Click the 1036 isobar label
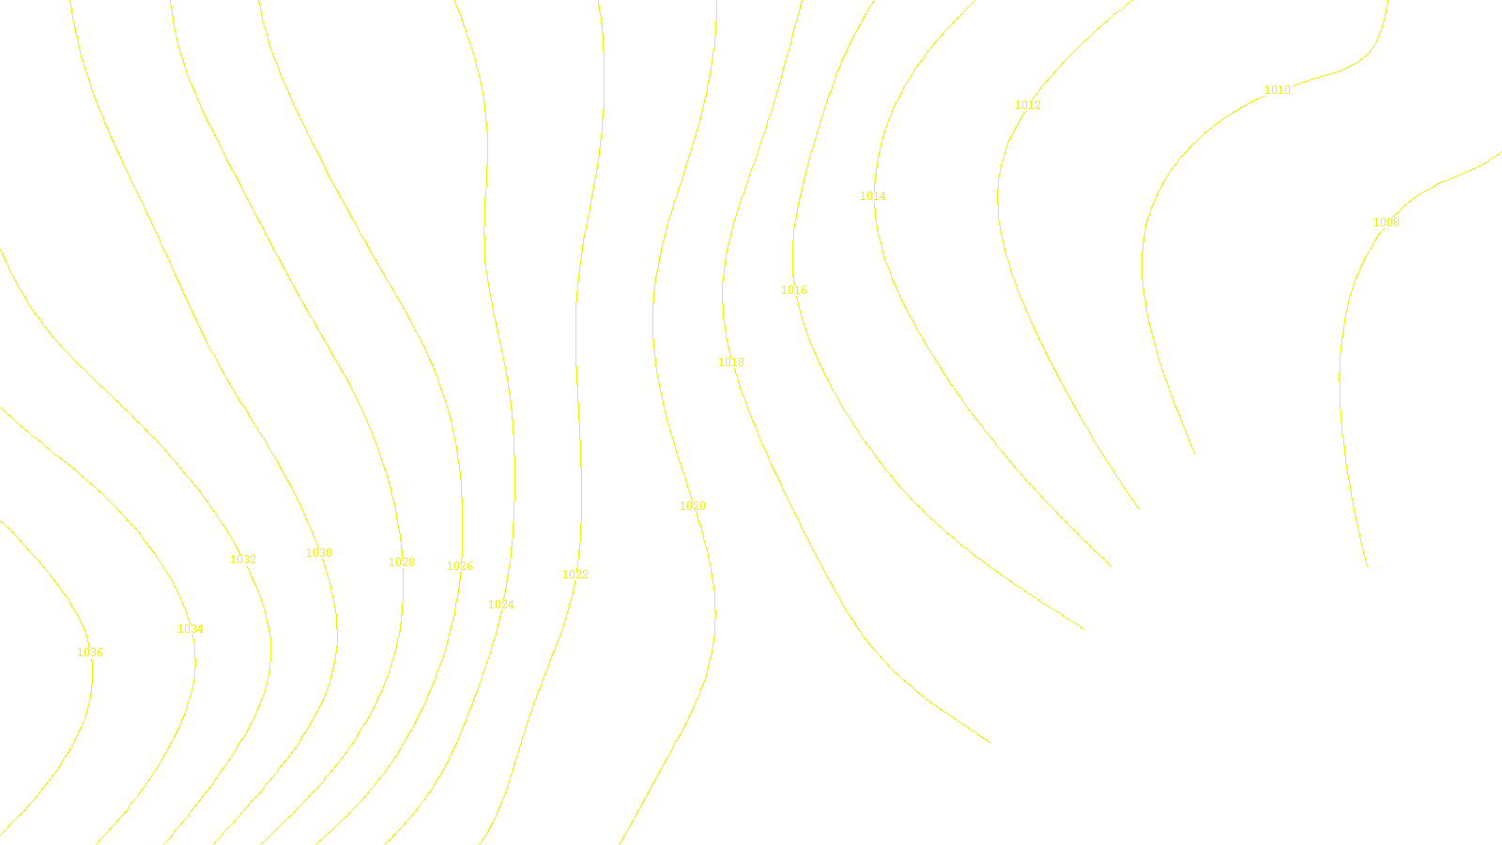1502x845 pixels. click(x=90, y=653)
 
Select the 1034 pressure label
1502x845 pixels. click(x=191, y=629)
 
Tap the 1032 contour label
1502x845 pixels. click(x=243, y=560)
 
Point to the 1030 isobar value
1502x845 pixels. click(x=319, y=553)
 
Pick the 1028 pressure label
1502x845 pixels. click(x=402, y=562)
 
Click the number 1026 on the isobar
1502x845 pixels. click(x=460, y=566)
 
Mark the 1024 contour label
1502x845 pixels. click(x=501, y=605)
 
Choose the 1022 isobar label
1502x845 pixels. click(x=575, y=575)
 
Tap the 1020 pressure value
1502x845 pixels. click(x=693, y=506)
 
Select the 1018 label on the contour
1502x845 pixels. click(x=731, y=362)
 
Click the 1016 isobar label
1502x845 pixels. click(x=794, y=290)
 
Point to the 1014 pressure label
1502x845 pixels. click(x=873, y=196)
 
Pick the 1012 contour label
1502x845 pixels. click(x=1028, y=105)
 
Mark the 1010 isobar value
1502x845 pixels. click(x=1278, y=90)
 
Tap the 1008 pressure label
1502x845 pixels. click(x=1387, y=223)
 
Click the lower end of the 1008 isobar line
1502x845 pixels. click(x=1367, y=566)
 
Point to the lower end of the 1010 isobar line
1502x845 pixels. click(x=1194, y=453)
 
